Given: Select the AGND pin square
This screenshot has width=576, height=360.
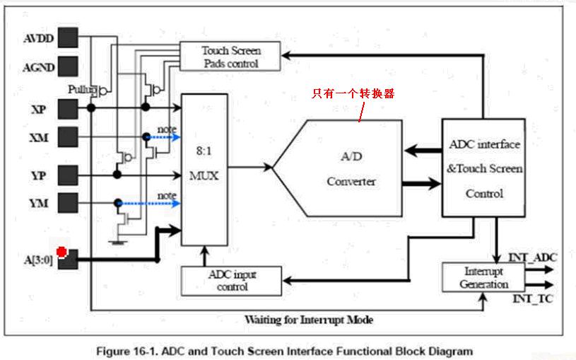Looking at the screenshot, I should [68, 67].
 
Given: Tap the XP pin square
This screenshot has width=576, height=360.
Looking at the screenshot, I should [68, 108].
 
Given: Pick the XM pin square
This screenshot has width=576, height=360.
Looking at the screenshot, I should [68, 137].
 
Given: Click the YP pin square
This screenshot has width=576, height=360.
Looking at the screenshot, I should [68, 174].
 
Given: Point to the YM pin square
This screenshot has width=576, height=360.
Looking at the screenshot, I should [68, 202].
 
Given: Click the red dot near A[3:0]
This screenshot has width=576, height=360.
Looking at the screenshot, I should [62, 252].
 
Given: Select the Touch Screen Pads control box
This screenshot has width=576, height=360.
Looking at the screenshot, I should [230, 57].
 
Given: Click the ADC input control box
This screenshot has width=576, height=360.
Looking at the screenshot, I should [231, 281].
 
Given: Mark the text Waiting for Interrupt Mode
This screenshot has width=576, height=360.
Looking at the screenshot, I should [307, 320].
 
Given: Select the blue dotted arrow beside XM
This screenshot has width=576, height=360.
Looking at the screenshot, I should [164, 137].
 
